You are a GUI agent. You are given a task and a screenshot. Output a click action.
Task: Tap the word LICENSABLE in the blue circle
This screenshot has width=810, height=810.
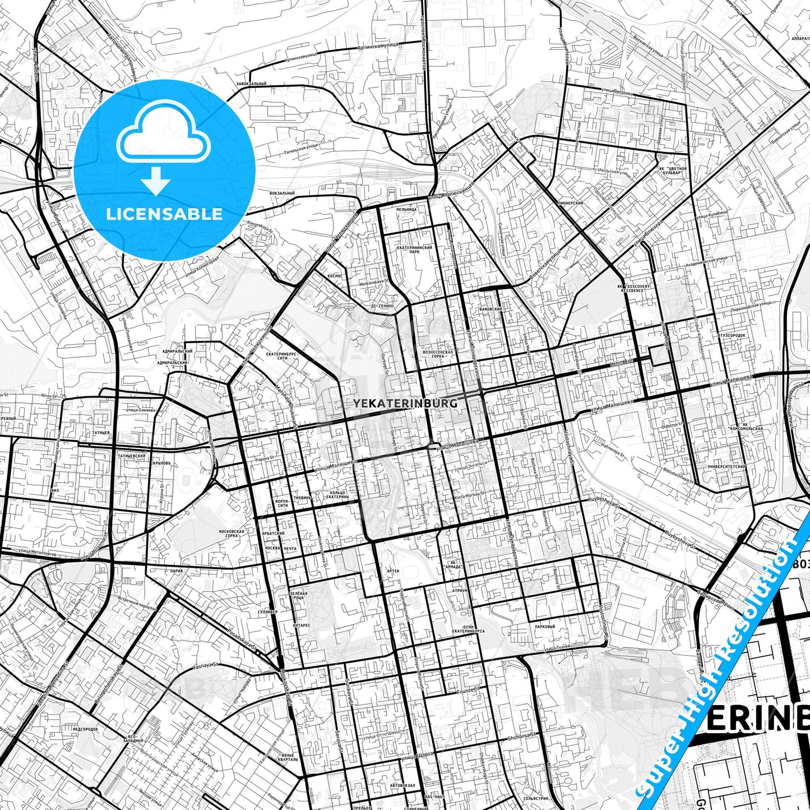164,214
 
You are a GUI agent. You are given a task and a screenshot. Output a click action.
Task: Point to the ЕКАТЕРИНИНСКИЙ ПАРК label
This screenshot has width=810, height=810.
414,249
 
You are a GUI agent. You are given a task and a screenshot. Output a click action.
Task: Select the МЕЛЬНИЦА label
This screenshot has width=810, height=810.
406,210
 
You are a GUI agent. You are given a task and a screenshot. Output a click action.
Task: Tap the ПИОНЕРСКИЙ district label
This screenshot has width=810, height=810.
571,203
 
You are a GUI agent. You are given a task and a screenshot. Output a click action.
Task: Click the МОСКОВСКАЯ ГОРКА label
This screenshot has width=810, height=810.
232,533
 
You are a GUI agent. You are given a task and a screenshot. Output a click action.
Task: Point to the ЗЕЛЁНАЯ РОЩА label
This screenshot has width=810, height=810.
299,595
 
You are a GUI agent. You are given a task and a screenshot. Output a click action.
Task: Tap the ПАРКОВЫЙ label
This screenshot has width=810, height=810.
545,626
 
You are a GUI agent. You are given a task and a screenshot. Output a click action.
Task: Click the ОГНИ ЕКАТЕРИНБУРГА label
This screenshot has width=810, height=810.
469,629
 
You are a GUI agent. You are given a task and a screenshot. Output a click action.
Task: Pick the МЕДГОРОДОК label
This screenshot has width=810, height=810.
85,729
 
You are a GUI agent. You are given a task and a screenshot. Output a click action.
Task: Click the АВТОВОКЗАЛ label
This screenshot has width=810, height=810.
403,785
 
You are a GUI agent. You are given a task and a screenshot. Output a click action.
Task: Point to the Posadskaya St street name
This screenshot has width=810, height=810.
241,640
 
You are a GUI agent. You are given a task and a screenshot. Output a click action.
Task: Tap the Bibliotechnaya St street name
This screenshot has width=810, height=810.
677,475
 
